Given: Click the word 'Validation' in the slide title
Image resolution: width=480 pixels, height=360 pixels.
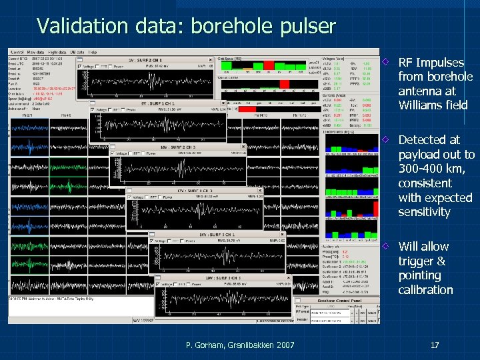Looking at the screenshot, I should [x=73, y=26].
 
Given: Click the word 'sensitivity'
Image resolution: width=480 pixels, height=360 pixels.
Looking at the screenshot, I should [x=424, y=212].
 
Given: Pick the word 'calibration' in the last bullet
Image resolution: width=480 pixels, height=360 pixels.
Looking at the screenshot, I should [x=425, y=290].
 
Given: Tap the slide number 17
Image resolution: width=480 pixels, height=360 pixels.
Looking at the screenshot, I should [x=434, y=345].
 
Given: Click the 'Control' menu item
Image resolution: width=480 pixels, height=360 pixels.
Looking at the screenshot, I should [x=17, y=51].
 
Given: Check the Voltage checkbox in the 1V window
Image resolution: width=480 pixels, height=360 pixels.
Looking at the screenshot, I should [x=80, y=67].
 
